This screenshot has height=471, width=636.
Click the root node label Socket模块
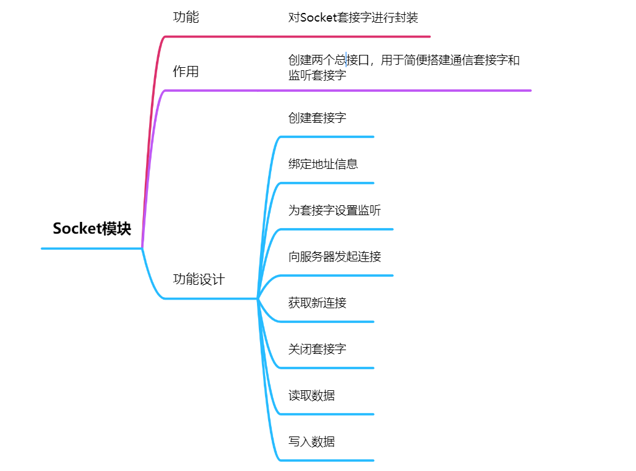click(x=92, y=229)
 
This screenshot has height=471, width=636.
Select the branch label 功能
click(x=185, y=17)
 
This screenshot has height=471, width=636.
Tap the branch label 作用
click(x=185, y=72)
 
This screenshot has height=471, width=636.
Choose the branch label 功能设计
click(x=198, y=279)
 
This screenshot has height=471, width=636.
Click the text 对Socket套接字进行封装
click(x=353, y=17)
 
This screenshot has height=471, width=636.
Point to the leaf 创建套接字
click(x=317, y=117)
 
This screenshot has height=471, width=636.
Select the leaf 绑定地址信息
click(x=323, y=164)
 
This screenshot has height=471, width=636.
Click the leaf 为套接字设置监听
click(x=335, y=210)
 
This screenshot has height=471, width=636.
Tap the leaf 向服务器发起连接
click(x=335, y=256)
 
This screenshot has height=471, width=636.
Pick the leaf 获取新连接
click(x=317, y=303)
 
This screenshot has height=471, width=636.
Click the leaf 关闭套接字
click(x=317, y=349)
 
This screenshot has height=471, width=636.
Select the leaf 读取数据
click(x=311, y=395)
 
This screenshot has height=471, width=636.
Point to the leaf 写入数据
click(x=311, y=441)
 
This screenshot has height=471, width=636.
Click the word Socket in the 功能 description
click(x=318, y=17)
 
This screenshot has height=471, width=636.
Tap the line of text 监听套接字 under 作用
click(x=317, y=76)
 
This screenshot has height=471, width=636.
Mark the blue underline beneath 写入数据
click(x=327, y=460)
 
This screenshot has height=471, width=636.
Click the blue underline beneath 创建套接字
click(x=327, y=136)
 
